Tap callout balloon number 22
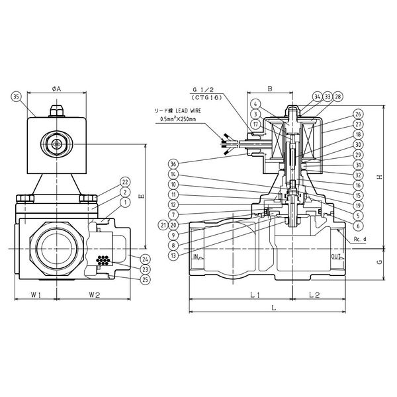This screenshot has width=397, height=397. click(125, 181)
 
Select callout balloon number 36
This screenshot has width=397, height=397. click(173, 163)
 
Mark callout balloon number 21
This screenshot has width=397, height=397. click(163, 225)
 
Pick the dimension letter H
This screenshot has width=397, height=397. click(379, 176)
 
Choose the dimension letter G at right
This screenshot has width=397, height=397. click(379, 262)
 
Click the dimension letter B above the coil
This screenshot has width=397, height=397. click(270, 87)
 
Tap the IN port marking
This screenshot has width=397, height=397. click(196, 256)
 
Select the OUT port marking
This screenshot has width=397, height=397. click(335, 256)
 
